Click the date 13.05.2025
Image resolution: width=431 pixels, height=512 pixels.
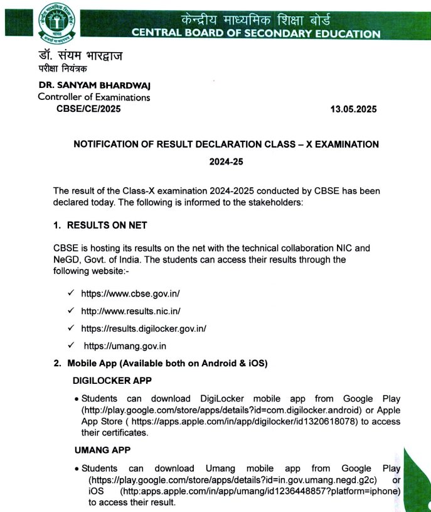[353, 109]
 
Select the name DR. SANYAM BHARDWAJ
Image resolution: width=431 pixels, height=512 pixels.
[94, 85]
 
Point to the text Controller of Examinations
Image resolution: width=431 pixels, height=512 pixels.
[93, 97]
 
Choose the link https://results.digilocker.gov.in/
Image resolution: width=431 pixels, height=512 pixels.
[144, 328]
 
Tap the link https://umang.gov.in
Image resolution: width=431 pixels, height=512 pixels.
[125, 346]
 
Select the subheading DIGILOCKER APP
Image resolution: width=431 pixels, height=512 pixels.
[112, 381]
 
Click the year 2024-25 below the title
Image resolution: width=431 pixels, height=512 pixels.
[226, 161]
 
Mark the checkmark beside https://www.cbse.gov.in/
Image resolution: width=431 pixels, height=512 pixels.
[71, 293]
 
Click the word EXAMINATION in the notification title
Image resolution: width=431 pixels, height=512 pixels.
[344, 144]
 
